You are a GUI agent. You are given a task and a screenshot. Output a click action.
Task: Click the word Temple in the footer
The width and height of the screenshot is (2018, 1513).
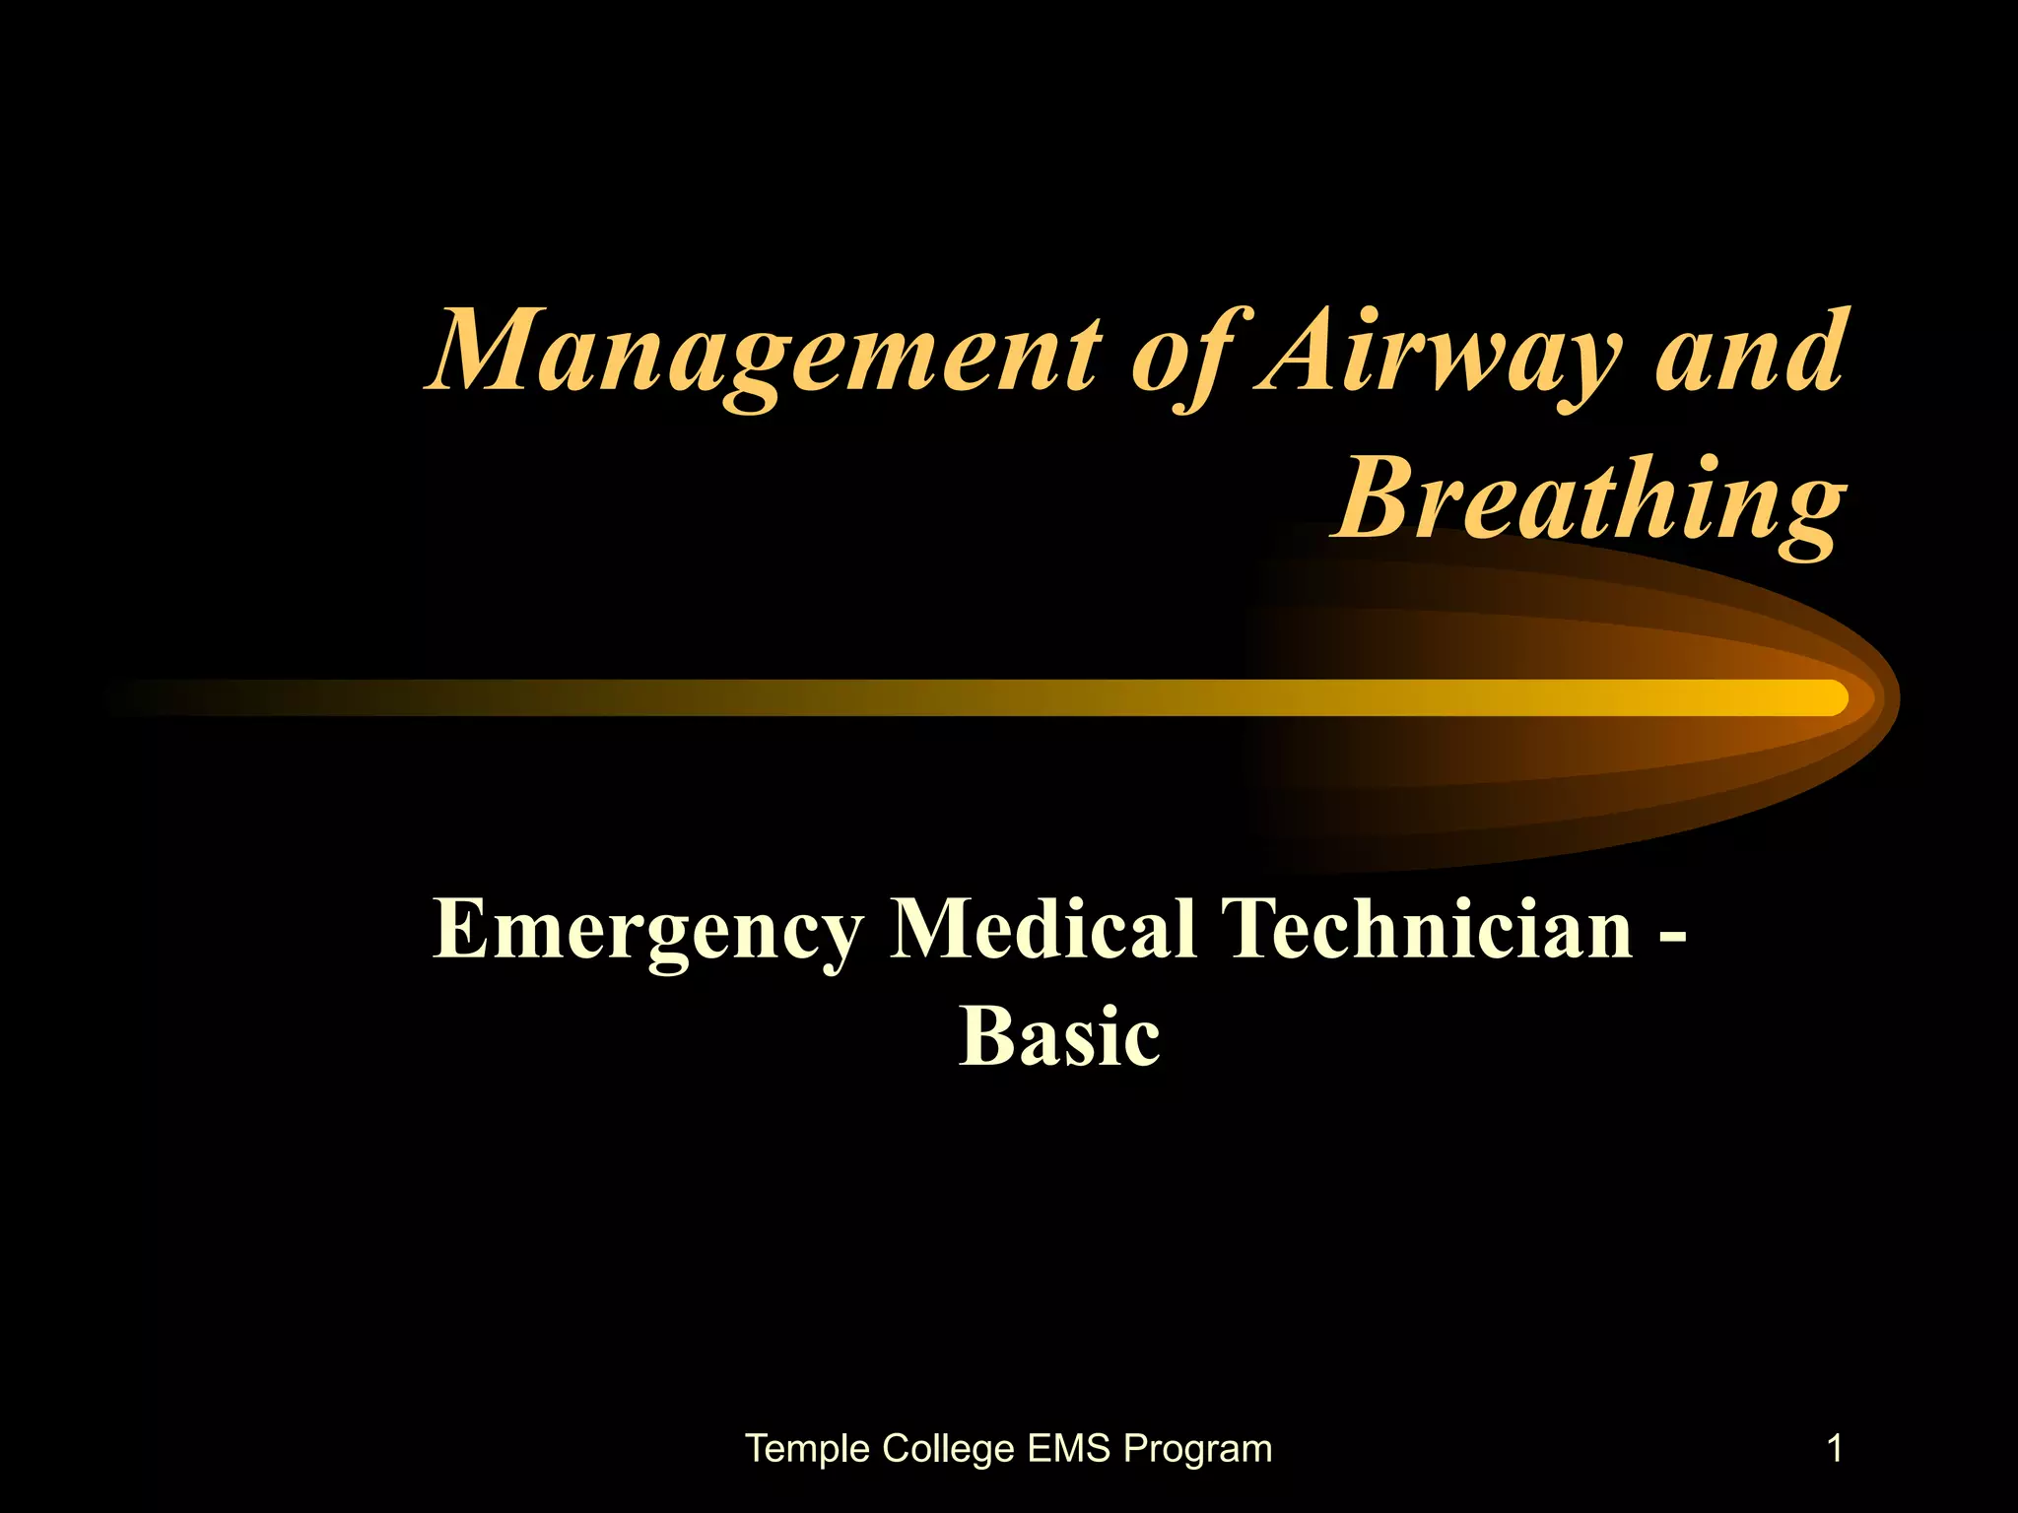(808, 1450)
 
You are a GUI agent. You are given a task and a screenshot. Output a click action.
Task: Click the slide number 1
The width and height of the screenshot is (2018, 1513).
(1835, 1449)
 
